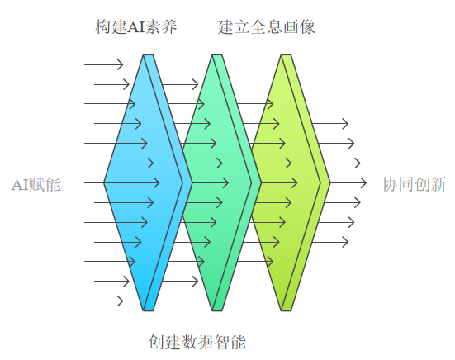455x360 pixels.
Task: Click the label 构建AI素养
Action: tap(135, 27)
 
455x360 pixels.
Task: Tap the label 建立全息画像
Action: tap(267, 27)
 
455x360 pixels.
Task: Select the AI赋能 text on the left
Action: tap(36, 184)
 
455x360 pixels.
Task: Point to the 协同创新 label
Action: tap(415, 184)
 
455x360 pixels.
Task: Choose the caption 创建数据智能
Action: tap(197, 342)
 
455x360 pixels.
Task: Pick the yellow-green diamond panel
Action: tap(286, 182)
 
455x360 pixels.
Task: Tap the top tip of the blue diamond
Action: tap(148, 54)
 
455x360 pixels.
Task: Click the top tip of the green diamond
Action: tap(217, 54)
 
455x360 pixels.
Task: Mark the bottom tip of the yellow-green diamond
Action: tap(286, 310)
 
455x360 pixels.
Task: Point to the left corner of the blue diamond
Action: tap(104, 182)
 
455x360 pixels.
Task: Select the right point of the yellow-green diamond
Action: tap(330, 182)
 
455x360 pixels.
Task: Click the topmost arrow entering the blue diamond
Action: tap(103, 64)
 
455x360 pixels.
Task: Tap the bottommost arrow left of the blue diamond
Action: tap(103, 301)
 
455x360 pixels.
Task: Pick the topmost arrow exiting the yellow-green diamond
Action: tap(330, 124)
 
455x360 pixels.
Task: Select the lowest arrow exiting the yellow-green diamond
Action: tap(330, 242)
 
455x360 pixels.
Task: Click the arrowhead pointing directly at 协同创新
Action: tap(363, 182)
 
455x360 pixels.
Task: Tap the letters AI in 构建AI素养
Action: tap(135, 27)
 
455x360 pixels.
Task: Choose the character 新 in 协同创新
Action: tap(438, 184)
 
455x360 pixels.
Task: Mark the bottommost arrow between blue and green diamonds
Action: tap(180, 281)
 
